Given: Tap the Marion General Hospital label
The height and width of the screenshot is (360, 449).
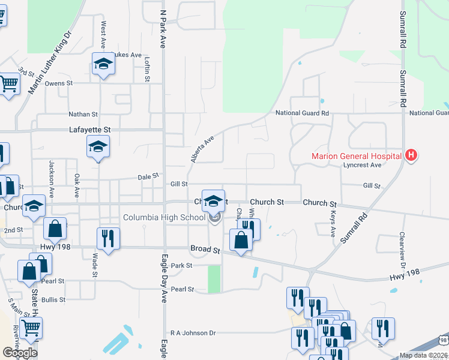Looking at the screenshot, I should [357, 157].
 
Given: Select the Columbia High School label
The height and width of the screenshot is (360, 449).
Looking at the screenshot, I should [164, 217].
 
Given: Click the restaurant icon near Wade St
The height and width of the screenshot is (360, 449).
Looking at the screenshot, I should [108, 238].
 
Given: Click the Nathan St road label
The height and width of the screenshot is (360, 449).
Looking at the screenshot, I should [83, 114].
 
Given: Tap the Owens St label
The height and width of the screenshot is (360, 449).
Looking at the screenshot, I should [59, 83].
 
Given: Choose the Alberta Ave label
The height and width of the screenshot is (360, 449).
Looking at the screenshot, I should [202, 149].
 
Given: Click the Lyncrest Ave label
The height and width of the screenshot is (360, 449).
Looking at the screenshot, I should [362, 165].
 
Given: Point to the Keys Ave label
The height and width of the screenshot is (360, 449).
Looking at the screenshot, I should [333, 223].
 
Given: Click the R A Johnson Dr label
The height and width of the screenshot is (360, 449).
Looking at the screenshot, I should [193, 332].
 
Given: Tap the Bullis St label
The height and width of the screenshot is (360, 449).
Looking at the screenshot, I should [53, 299].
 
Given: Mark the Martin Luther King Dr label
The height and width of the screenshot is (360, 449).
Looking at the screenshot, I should [50, 62].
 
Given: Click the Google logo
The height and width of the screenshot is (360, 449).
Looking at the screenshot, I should [20, 353].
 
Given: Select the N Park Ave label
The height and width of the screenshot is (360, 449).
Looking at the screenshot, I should [163, 28].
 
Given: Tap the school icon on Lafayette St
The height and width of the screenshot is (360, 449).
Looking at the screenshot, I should [98, 146].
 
